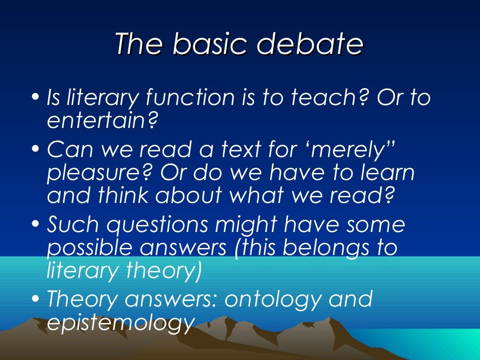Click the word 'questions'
click(x=157, y=225)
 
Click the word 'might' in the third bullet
click(x=254, y=225)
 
